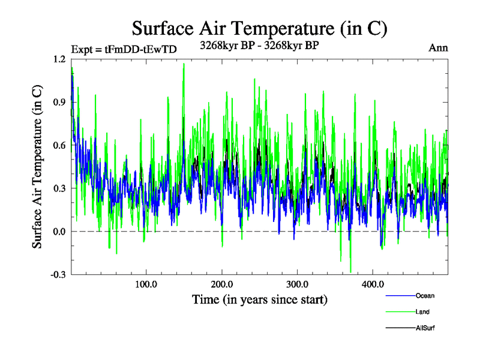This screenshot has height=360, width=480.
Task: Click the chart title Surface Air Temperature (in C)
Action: pos(259,28)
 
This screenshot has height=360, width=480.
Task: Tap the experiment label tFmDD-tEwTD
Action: pos(124,49)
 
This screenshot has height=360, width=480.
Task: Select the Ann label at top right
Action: pos(438,48)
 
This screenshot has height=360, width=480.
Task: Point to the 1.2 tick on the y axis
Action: pos(59,59)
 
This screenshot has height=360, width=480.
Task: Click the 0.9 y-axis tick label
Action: pos(59,103)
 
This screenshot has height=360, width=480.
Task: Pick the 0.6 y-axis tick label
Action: pos(59,146)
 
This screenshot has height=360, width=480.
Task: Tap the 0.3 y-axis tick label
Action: pos(59,188)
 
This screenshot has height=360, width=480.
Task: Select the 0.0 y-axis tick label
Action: pos(59,232)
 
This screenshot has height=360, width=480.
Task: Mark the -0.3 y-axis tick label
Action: pos(58,275)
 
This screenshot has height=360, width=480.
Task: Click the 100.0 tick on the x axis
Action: pos(146,284)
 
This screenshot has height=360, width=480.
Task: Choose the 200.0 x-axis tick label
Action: pos(222,284)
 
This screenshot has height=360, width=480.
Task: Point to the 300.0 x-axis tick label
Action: pos(298,284)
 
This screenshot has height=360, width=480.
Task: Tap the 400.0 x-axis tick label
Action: pos(373,284)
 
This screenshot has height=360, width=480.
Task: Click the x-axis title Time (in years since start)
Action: pos(259,299)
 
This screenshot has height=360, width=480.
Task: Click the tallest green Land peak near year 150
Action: pos(184,64)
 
